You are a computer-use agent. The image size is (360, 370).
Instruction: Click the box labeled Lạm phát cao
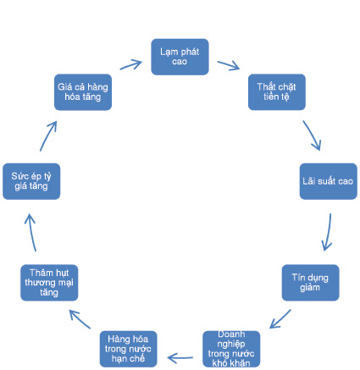click(180, 57)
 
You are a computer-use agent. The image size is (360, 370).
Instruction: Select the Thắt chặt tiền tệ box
click(277, 92)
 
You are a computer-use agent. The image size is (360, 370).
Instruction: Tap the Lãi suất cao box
click(329, 181)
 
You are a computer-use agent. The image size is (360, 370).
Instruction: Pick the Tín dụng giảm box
click(310, 283)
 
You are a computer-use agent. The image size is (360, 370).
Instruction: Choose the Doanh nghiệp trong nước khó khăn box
click(231, 349)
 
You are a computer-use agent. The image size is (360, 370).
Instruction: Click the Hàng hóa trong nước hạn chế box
click(128, 349)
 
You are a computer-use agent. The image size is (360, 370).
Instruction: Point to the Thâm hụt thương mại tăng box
click(49, 283)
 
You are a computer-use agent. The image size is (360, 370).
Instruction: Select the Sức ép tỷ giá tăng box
click(31, 181)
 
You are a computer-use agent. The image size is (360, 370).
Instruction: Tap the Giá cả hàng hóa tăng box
click(83, 92)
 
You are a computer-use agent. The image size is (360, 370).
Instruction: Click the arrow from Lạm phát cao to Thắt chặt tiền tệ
click(229, 65)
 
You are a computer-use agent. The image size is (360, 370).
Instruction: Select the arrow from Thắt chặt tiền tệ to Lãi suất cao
click(312, 135)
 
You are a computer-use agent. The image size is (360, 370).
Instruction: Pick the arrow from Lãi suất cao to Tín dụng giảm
click(328, 232)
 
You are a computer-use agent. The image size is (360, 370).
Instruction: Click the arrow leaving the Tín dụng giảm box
click(280, 319)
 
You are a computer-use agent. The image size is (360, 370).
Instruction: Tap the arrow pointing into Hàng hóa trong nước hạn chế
click(180, 358)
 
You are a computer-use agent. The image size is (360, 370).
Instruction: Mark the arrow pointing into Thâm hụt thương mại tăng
click(80, 319)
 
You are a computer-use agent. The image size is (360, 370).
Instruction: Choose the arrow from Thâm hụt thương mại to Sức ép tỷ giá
click(30, 232)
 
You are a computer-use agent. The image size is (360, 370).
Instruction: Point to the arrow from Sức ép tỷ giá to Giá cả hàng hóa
click(48, 135)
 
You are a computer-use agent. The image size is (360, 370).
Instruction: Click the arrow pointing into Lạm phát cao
click(131, 64)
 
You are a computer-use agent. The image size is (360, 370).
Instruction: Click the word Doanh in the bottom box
click(231, 334)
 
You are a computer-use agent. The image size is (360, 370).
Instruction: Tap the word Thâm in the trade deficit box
click(38, 273)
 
